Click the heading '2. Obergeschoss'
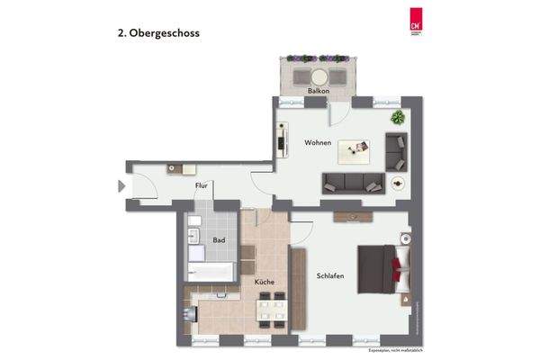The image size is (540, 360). pyautogui.click(x=158, y=33)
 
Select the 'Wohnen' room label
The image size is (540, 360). pyautogui.click(x=317, y=142)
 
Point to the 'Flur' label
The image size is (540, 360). pyautogui.click(x=202, y=185)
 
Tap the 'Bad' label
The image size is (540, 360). pyautogui.click(x=219, y=240)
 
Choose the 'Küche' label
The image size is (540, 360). pyautogui.click(x=264, y=282)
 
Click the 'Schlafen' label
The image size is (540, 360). pyautogui.click(x=329, y=276)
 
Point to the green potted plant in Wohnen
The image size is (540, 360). pyautogui.click(x=396, y=118)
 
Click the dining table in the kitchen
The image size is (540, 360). pyautogui.click(x=267, y=310)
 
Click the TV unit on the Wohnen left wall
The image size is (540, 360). pyautogui.click(x=283, y=138)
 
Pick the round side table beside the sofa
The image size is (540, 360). pyautogui.click(x=396, y=184)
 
